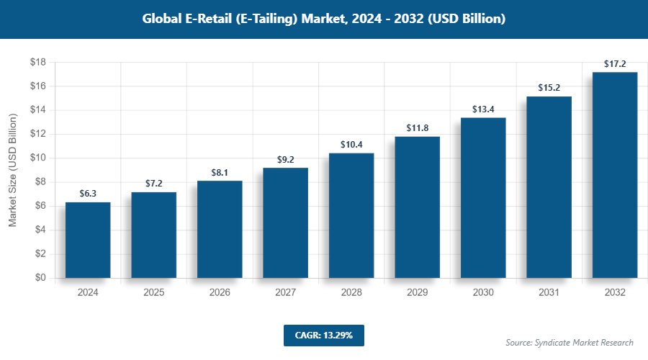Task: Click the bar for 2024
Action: (x=88, y=240)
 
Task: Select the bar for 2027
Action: (x=286, y=222)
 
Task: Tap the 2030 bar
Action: (x=483, y=197)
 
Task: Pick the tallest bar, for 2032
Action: (x=615, y=175)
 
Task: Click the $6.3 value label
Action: (x=88, y=193)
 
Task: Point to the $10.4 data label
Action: (x=351, y=144)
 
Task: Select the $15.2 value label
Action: (x=549, y=88)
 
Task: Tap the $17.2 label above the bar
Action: (x=615, y=63)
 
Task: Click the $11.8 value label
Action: (x=418, y=128)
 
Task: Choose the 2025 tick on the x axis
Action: (x=154, y=292)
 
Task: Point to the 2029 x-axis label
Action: (x=418, y=292)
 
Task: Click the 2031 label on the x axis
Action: (x=549, y=292)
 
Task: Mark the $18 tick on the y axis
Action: (x=37, y=63)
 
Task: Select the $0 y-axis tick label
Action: (x=40, y=278)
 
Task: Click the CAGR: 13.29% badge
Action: (x=324, y=335)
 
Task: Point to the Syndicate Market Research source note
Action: (x=570, y=342)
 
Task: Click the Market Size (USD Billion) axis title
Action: (x=13, y=170)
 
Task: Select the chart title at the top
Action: (x=324, y=19)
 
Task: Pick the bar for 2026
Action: (x=220, y=229)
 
